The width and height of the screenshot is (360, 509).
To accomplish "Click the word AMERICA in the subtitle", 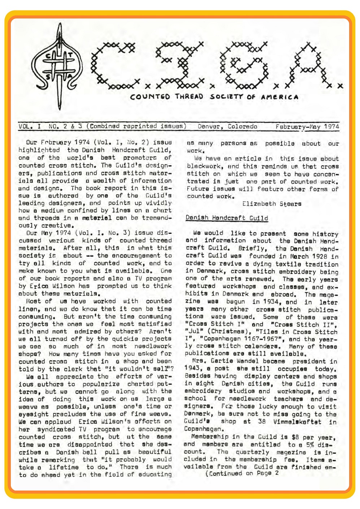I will click(279, 97).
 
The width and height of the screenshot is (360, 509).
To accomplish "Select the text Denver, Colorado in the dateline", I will click(227, 126).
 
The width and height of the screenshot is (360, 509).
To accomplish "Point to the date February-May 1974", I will click(307, 126).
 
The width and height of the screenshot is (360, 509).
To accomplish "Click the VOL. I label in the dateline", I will click(30, 126).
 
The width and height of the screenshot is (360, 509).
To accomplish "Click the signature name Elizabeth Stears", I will click(272, 204).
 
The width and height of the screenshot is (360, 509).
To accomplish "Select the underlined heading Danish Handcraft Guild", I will click(227, 218).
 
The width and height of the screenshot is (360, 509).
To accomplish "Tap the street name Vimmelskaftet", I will click(297, 422).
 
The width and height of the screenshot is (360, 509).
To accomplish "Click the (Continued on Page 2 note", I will click(242, 473).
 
